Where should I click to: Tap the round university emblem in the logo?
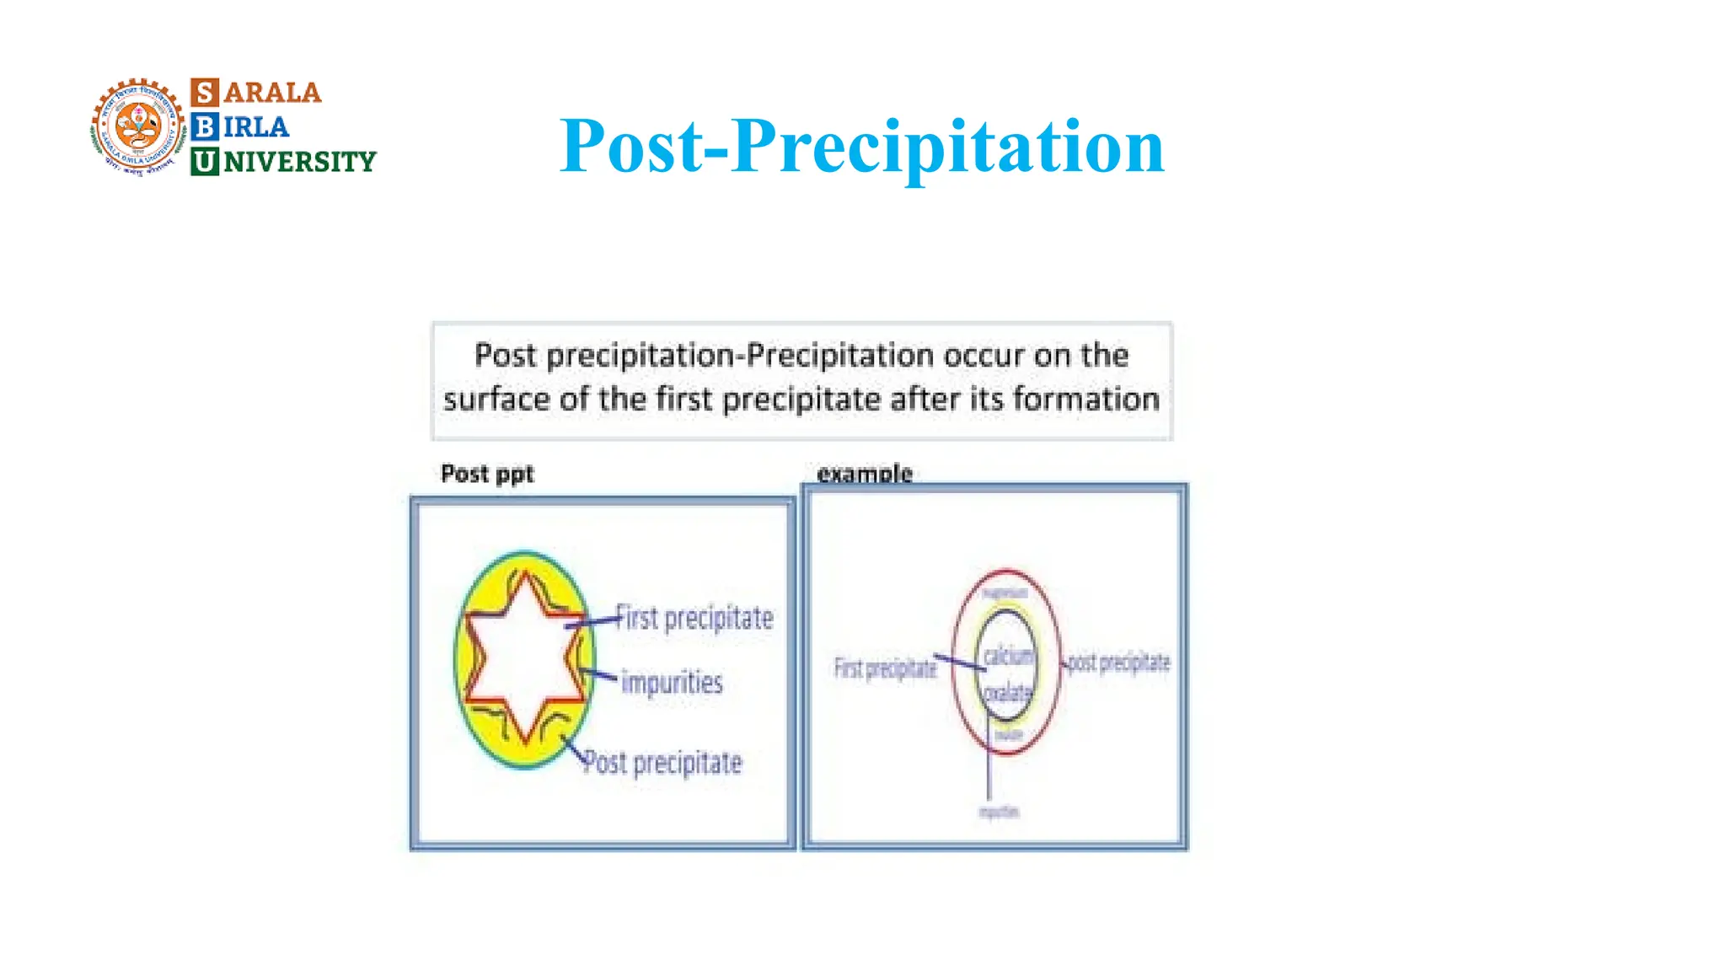point(138,126)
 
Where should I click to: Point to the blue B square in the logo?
point(205,126)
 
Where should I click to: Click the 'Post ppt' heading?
point(487,474)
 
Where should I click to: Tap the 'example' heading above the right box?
point(865,474)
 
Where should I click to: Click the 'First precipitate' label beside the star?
point(694,618)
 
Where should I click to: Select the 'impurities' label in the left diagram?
point(672,682)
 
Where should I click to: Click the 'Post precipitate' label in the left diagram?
point(663,763)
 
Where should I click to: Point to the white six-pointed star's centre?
point(524,657)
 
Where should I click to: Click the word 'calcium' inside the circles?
point(1008,655)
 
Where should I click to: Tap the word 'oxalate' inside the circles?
point(1008,693)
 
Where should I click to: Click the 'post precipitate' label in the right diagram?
point(1118,663)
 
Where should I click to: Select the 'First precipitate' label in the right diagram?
point(885,668)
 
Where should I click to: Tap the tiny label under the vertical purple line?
point(999,812)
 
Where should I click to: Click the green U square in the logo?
point(205,161)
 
